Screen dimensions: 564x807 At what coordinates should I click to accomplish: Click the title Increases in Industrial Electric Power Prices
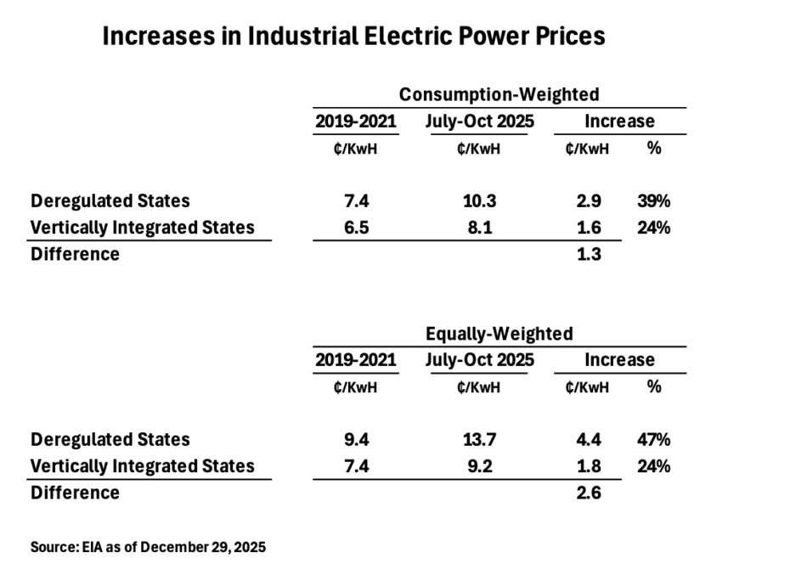(x=353, y=37)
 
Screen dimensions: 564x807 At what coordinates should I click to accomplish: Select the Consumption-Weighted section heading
(x=499, y=94)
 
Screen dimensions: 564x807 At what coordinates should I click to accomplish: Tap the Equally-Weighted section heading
(x=499, y=333)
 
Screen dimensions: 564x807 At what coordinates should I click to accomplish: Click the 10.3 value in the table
(x=479, y=201)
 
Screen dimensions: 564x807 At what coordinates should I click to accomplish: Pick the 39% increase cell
(x=653, y=201)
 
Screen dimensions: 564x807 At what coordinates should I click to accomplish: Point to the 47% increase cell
(x=653, y=440)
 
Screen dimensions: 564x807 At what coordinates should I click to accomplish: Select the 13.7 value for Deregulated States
(x=479, y=440)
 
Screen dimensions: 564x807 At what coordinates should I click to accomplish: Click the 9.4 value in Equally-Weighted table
(x=355, y=440)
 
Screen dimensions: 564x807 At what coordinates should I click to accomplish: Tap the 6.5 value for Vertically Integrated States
(x=355, y=228)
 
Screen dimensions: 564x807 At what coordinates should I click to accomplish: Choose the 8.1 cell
(x=479, y=228)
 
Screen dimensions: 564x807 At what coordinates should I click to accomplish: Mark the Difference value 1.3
(x=588, y=254)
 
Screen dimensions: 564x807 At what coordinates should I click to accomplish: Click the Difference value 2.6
(x=588, y=493)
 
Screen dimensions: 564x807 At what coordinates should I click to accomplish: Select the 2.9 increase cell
(x=588, y=201)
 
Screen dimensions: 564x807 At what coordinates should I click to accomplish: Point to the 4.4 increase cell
(x=588, y=440)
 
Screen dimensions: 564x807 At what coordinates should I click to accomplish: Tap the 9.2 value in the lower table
(x=479, y=466)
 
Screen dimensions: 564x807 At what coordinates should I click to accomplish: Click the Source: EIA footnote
(x=148, y=547)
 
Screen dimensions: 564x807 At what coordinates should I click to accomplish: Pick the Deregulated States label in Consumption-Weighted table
(x=110, y=201)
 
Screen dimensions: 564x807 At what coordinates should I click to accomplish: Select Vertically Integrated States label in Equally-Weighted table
(x=142, y=466)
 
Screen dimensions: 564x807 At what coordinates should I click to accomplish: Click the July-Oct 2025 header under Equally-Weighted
(x=479, y=360)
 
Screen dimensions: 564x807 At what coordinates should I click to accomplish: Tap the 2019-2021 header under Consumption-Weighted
(x=355, y=121)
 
